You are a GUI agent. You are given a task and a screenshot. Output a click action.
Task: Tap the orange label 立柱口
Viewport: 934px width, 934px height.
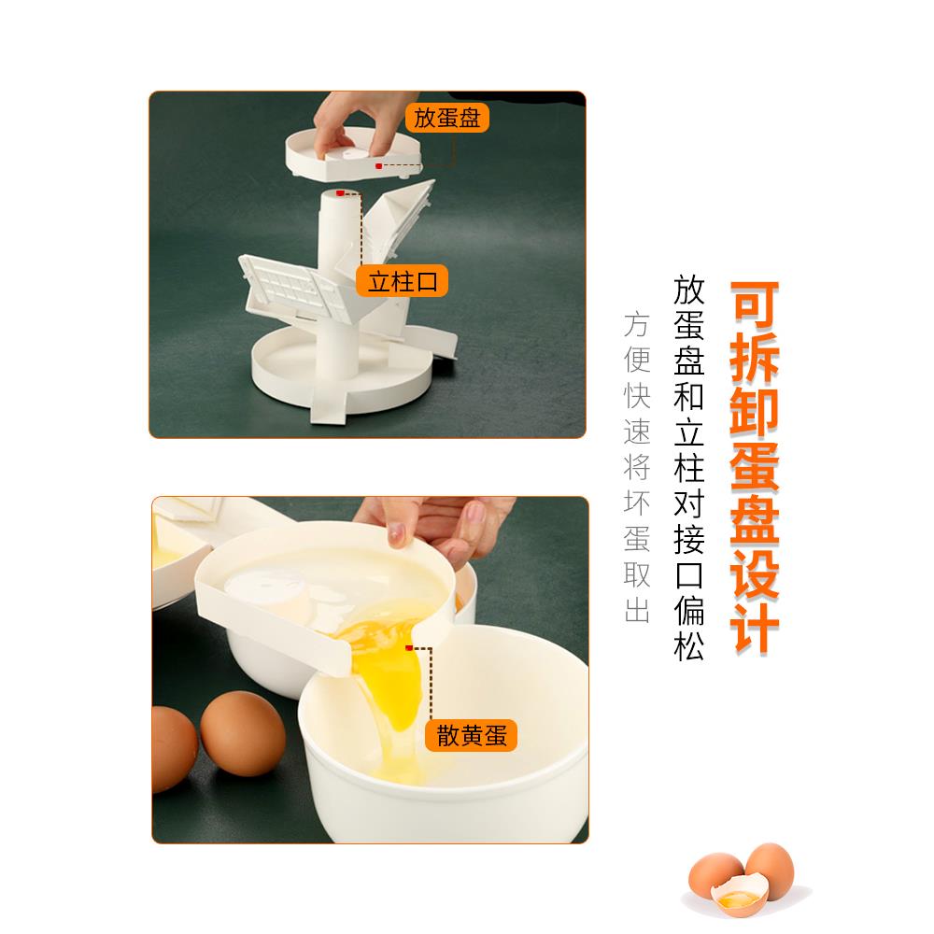[x=403, y=280]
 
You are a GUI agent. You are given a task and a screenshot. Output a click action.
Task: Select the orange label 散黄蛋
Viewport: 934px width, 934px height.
[x=471, y=735]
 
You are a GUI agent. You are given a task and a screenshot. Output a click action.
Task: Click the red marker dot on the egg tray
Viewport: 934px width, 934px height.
[x=378, y=165]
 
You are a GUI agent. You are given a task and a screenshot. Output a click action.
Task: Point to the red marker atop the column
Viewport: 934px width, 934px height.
[x=341, y=192]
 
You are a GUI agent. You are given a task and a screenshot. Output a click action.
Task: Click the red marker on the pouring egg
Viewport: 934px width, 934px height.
[x=410, y=646]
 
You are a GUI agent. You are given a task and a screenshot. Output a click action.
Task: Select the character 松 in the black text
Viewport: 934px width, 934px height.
[x=689, y=644]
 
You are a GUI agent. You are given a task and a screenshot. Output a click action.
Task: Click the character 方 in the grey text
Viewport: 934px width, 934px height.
[x=637, y=324]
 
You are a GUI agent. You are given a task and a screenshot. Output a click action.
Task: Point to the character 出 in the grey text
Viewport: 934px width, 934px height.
[x=637, y=611]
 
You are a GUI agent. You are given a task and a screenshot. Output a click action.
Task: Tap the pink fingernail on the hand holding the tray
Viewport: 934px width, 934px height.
[x=398, y=533]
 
